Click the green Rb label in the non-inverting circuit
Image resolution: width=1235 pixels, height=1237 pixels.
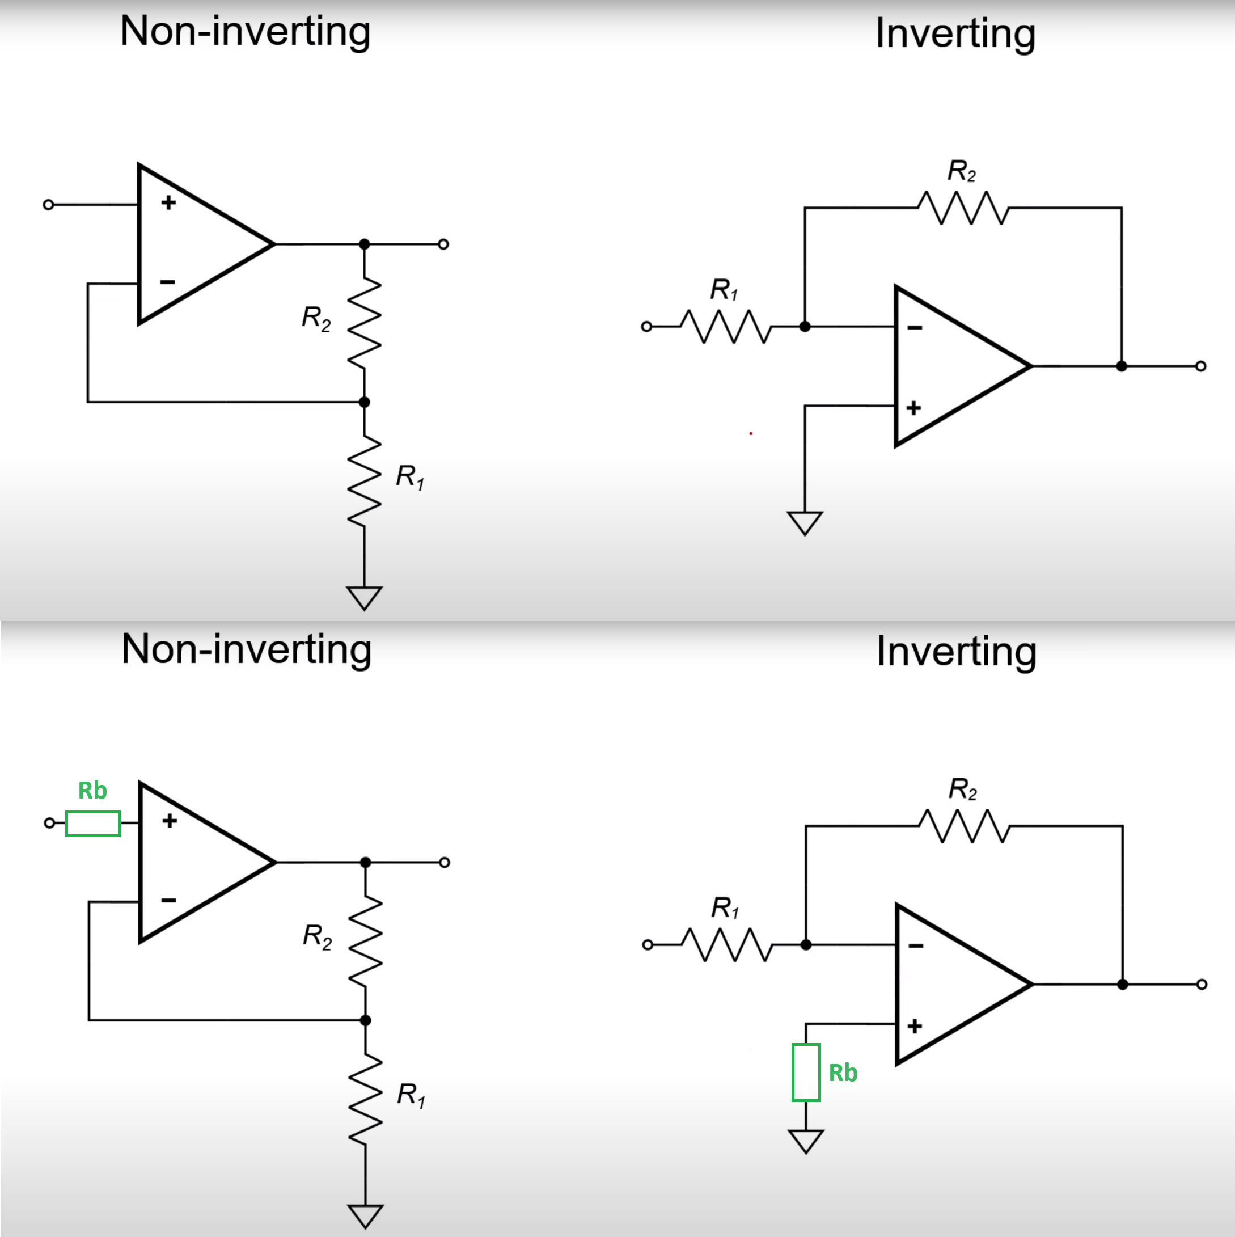tap(92, 791)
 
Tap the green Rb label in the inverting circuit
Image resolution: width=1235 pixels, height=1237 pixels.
tap(843, 1073)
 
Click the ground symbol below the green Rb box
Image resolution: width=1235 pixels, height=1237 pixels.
tap(805, 1141)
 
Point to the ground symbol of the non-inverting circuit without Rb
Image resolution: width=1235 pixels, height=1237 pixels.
tap(364, 597)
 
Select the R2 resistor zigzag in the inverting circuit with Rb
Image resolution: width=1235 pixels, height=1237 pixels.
tap(963, 826)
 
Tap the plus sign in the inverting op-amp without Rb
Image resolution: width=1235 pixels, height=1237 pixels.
tap(913, 408)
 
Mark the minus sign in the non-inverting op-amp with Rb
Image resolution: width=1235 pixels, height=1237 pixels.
tap(168, 900)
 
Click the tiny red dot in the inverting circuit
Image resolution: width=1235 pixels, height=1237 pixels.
tap(750, 433)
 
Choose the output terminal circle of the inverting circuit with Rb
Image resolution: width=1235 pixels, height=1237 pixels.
tap(1201, 984)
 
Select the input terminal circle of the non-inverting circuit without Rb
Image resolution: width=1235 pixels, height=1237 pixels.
tap(48, 205)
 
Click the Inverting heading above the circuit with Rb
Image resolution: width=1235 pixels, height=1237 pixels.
tap(956, 651)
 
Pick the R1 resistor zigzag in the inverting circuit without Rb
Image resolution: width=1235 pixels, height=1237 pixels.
tap(725, 327)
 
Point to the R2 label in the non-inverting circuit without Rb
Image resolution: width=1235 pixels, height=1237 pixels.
tap(316, 318)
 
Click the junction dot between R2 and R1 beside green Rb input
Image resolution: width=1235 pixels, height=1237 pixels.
tap(366, 1020)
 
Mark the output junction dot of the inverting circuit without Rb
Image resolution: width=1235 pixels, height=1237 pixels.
tap(1121, 366)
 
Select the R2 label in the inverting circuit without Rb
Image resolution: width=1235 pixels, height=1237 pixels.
tap(962, 171)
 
